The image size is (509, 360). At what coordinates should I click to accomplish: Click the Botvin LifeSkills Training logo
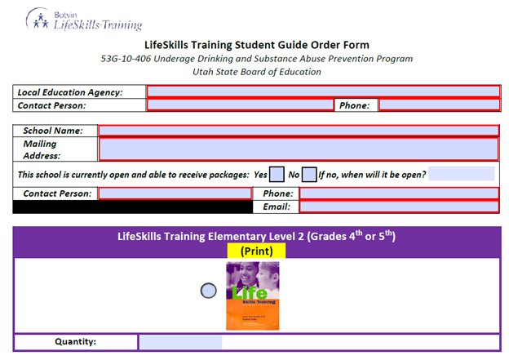coord(84,20)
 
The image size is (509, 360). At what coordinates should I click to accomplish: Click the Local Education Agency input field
coord(323,91)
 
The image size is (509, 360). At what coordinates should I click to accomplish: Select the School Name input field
coord(299,131)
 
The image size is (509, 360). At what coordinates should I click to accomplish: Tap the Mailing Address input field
coord(299,149)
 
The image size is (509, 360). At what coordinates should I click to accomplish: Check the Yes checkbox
coord(277,175)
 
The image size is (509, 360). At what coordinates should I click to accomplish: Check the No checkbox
coord(309,175)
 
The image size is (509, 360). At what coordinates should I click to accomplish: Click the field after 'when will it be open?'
coord(462,173)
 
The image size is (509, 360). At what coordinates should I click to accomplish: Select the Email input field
coord(399,207)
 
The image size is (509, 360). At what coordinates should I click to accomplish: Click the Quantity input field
coord(181,342)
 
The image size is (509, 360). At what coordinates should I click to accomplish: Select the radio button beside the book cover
coord(208,291)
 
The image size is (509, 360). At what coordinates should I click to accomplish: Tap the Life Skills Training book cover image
coord(253,296)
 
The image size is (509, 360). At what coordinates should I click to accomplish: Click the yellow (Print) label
coord(256,251)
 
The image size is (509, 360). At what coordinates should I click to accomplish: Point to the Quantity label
coord(75,341)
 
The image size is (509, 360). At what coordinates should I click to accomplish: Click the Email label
coord(277,207)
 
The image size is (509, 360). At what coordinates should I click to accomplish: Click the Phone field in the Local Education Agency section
coord(440,104)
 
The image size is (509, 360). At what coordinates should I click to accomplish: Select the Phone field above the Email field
coord(399,193)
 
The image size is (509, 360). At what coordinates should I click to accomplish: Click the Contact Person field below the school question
coord(175,193)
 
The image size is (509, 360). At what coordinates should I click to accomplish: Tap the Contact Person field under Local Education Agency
coord(240,104)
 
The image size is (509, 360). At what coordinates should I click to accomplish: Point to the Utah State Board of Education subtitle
coord(257,72)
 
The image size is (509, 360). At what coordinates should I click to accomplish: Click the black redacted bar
coord(132,207)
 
